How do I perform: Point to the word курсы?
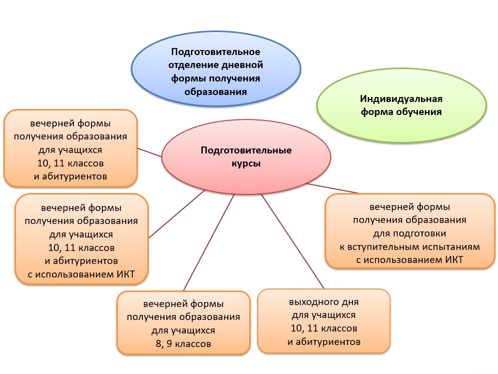click(246, 163)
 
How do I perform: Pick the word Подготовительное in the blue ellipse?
click(216, 51)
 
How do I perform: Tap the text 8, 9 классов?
click(183, 343)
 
